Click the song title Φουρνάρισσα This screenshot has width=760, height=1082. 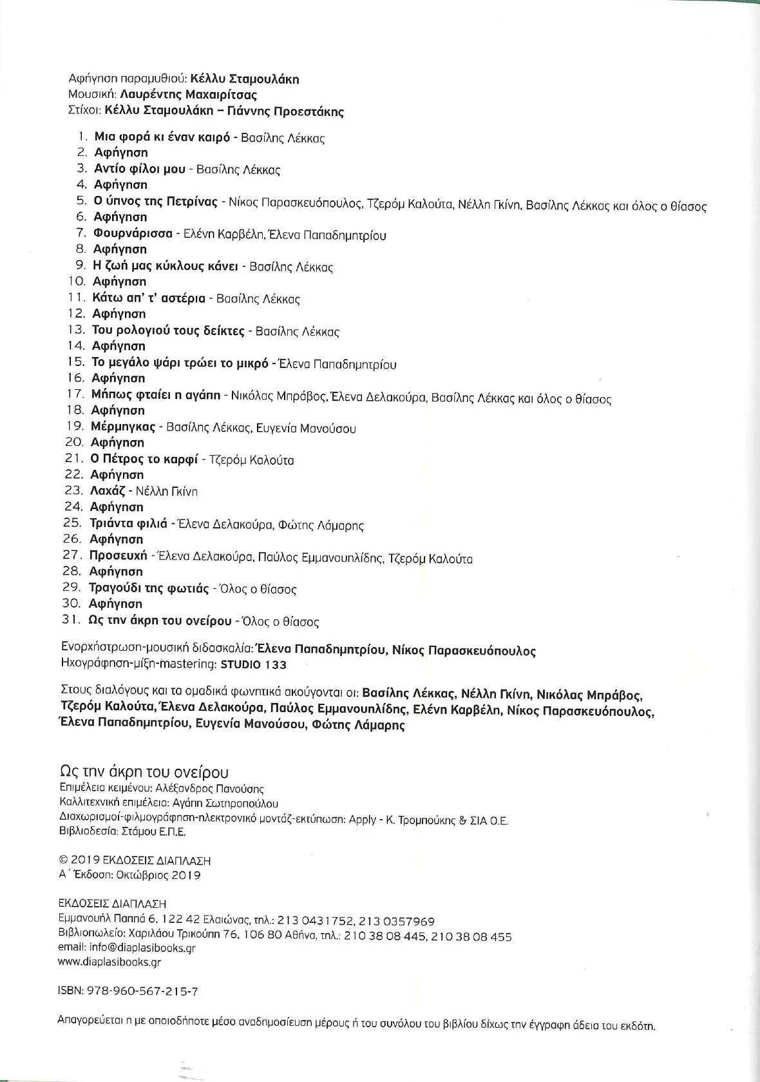(x=133, y=233)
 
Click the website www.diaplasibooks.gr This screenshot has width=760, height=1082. (x=109, y=962)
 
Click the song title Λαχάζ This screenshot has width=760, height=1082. (x=107, y=491)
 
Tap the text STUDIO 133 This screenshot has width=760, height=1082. (x=254, y=664)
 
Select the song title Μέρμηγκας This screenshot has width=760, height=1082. (x=123, y=427)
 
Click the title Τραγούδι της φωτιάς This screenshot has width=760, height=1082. (x=149, y=588)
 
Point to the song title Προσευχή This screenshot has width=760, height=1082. (x=119, y=555)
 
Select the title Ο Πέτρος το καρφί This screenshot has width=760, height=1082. (x=145, y=459)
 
